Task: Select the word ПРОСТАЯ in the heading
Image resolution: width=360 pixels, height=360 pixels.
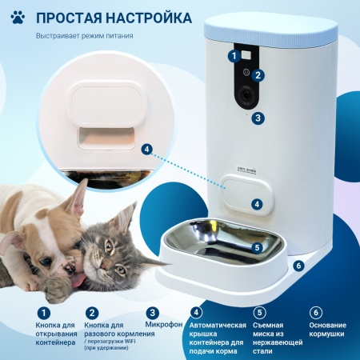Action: (70, 17)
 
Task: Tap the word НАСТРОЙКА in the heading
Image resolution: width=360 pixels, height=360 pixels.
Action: (149, 17)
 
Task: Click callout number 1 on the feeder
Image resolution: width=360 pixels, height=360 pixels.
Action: (234, 55)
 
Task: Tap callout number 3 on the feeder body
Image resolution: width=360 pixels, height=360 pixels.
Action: (257, 118)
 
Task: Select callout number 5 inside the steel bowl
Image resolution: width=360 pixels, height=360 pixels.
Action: (257, 248)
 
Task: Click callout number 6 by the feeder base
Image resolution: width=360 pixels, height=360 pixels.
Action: (298, 265)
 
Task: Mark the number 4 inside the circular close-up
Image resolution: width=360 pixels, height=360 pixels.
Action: (146, 149)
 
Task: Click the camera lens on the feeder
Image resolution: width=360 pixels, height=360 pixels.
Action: (246, 94)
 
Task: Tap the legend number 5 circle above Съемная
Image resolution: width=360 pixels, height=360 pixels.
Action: (258, 312)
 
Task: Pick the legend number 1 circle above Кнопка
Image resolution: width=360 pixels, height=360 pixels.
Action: (44, 312)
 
